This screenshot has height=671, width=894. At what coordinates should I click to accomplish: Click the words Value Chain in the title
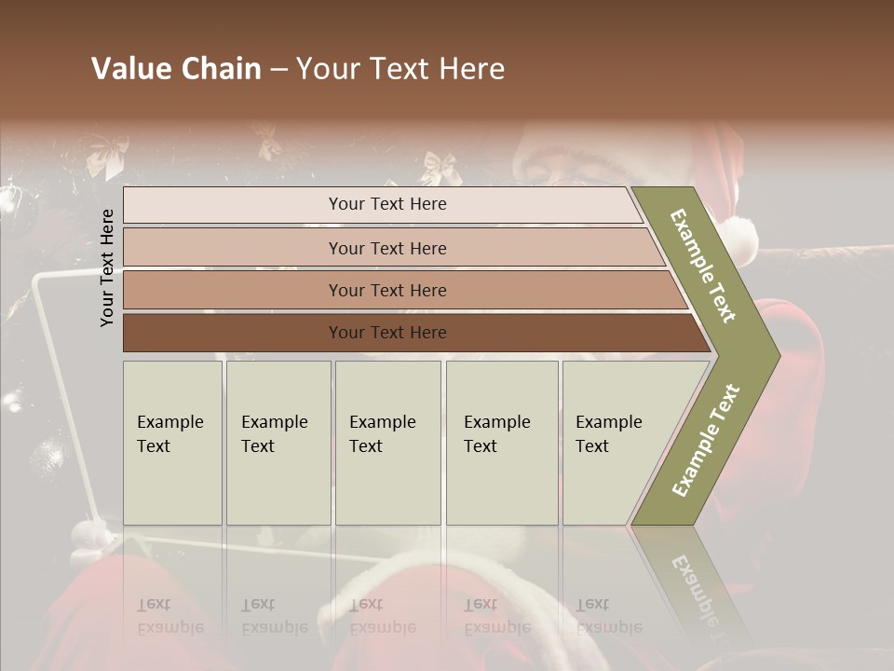[x=176, y=69]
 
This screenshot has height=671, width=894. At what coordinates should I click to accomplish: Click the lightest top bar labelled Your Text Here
[x=386, y=204]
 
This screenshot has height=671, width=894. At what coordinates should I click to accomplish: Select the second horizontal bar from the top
[x=386, y=248]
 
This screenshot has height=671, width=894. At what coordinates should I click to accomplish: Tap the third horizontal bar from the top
[x=386, y=290]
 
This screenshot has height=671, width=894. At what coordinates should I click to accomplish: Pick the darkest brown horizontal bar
[x=386, y=333]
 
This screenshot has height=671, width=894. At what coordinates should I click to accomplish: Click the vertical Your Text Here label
[x=107, y=267]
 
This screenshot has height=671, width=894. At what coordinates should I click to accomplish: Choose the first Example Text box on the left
[x=172, y=442]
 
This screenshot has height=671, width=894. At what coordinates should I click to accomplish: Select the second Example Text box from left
[x=278, y=442]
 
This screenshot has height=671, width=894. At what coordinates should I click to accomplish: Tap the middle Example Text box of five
[x=387, y=442]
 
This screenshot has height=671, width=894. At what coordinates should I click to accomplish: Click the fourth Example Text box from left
[x=501, y=442]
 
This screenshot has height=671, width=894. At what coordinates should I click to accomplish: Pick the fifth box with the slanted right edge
[x=615, y=442]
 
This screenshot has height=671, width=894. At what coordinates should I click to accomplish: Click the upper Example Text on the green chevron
[x=704, y=266]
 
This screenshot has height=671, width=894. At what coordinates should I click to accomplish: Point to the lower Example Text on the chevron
[x=706, y=440]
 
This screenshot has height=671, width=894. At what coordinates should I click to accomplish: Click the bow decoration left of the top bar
[x=107, y=155]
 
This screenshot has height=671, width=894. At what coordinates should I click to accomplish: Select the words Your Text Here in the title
[x=400, y=69]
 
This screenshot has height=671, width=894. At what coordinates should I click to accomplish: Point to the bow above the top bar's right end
[x=440, y=168]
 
